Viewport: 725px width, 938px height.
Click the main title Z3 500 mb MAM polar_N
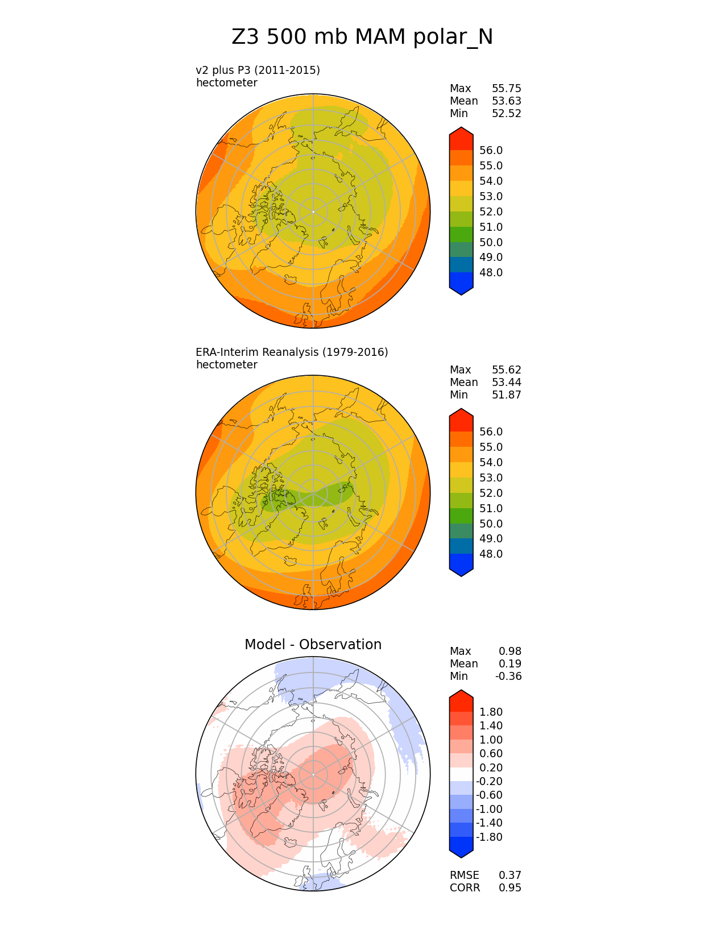click(x=362, y=38)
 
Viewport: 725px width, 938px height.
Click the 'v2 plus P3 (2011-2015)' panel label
click(x=258, y=70)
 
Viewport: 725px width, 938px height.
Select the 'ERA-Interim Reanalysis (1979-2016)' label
click(x=292, y=352)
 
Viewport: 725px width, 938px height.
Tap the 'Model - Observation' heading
click(x=313, y=645)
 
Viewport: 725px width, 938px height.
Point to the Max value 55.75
click(x=506, y=89)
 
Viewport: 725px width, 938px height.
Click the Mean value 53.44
click(x=506, y=383)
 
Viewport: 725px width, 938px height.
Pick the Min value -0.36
click(x=508, y=676)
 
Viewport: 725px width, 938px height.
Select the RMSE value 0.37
click(x=509, y=875)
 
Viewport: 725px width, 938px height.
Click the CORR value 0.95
click(x=509, y=888)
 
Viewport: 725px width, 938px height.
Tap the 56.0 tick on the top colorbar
click(x=491, y=151)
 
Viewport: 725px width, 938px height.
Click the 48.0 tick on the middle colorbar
click(x=491, y=554)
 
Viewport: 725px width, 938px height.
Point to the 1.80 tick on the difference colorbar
click(x=491, y=712)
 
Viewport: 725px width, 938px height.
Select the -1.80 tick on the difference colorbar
click(x=489, y=837)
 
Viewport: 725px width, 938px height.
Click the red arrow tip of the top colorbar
click(x=461, y=134)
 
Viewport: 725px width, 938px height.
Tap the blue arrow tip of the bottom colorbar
click(x=461, y=850)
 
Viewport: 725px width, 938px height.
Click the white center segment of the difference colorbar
click(x=461, y=774)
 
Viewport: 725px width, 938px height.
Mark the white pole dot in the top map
click(x=313, y=211)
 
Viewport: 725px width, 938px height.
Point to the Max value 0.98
click(x=509, y=651)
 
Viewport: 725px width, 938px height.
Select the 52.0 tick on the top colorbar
click(x=491, y=212)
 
